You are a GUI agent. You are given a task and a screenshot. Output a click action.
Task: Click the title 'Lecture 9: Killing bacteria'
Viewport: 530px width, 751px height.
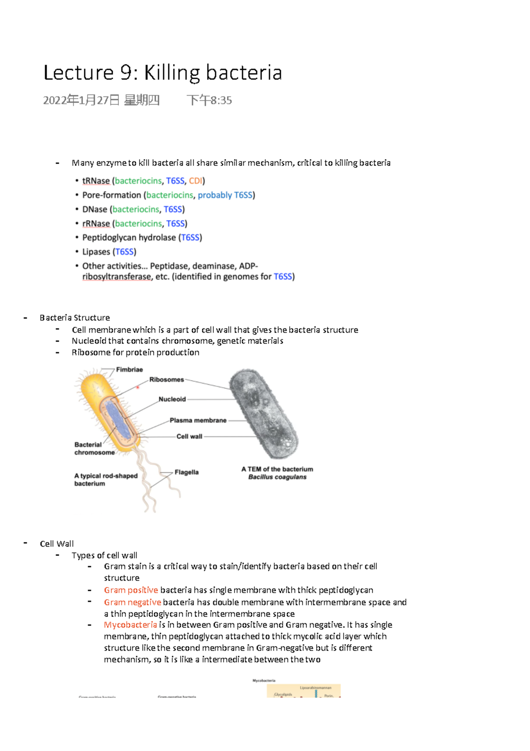pos(163,73)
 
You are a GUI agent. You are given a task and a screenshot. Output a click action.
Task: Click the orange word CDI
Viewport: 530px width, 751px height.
pos(195,181)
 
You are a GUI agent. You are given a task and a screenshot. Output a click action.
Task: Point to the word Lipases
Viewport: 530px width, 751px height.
pos(96,252)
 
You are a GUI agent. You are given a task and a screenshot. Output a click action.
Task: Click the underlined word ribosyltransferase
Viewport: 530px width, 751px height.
pos(117,277)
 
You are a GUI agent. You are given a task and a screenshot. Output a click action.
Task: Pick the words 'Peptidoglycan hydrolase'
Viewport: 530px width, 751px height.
pos(129,238)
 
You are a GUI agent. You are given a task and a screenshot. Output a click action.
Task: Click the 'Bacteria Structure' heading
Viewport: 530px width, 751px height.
pos(75,318)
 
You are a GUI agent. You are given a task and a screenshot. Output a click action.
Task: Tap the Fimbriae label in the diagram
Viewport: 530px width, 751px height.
pos(129,370)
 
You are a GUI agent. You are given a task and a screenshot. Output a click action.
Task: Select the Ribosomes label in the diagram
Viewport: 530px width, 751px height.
pos(166,379)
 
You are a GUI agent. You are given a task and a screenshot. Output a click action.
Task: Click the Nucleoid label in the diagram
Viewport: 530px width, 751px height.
pos(172,399)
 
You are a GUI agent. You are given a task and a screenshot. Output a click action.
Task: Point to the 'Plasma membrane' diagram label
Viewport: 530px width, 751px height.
pos(198,420)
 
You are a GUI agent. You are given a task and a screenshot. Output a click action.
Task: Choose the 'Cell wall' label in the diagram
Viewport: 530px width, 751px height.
pos(189,436)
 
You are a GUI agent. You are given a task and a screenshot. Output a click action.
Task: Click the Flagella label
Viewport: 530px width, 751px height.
pos(186,472)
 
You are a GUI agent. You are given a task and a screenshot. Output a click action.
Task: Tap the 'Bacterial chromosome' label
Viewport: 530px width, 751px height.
pos(94,448)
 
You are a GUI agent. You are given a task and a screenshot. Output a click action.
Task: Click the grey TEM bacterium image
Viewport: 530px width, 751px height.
pos(264,414)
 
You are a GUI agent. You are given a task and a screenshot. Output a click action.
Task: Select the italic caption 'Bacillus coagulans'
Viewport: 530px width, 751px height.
pos(277,477)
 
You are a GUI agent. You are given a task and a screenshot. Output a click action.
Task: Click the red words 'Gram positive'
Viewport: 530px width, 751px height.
pos(131,590)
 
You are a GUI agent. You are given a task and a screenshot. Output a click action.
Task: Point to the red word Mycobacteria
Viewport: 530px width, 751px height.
pos(130,625)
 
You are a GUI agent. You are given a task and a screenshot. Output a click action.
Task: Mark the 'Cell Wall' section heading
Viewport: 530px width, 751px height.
pos(57,544)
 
